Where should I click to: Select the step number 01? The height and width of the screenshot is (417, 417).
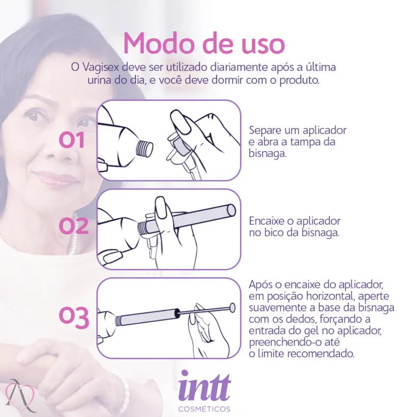(72, 141)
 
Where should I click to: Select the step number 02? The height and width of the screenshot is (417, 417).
(73, 226)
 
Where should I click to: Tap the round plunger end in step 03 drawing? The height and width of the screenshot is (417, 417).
(232, 308)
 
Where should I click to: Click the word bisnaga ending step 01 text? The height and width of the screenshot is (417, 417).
(267, 153)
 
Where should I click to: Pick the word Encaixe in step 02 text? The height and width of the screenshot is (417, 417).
(266, 221)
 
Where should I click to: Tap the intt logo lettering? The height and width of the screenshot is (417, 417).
(204, 386)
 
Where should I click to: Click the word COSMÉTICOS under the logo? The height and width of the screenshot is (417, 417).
(204, 409)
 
